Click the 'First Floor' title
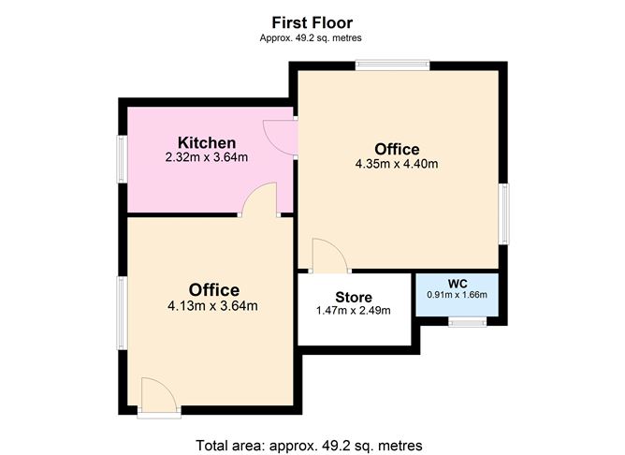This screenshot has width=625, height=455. click(x=312, y=22)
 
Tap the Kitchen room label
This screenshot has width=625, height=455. click(x=207, y=142)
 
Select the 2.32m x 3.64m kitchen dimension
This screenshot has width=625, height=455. click(x=207, y=157)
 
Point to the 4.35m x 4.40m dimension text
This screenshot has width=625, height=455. click(x=397, y=164)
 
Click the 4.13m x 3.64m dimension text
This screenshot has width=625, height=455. click(x=212, y=306)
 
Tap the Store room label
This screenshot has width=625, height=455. click(x=354, y=297)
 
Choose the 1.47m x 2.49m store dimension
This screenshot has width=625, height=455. click(x=353, y=310)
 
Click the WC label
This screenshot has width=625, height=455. click(x=458, y=284)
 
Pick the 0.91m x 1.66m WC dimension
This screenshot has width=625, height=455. click(x=458, y=295)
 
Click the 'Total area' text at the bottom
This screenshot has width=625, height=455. click(x=309, y=445)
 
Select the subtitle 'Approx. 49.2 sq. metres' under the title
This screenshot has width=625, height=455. click(x=311, y=37)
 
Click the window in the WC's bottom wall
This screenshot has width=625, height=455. click(x=467, y=322)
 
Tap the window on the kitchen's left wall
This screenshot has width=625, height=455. click(x=122, y=159)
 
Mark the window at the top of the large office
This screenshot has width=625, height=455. click(x=393, y=65)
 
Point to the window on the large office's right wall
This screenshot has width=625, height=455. click(x=503, y=213)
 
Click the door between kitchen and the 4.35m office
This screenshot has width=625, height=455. click(x=280, y=138)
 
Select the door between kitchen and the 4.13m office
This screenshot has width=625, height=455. click(x=259, y=199)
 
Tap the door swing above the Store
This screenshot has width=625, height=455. click(x=330, y=256)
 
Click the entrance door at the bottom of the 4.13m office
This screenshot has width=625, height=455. click(x=159, y=397)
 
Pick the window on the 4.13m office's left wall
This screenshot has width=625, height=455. click(x=122, y=314)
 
